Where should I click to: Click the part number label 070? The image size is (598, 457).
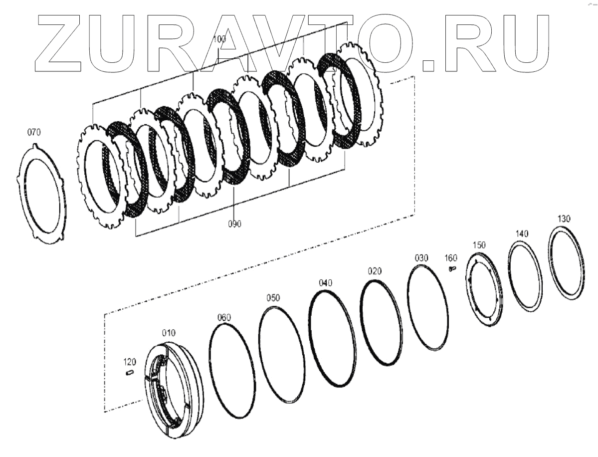coord(33,132)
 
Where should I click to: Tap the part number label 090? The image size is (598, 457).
coord(234,224)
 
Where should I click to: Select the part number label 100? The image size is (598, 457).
coord(219,39)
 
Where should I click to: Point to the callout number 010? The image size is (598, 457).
coord(169,333)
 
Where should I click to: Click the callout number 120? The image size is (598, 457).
coord(130,362)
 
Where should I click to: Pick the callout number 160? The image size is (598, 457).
coord(451,258)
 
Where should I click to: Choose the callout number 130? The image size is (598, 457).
coord(564,219)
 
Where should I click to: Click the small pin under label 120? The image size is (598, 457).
coord(129,372)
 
